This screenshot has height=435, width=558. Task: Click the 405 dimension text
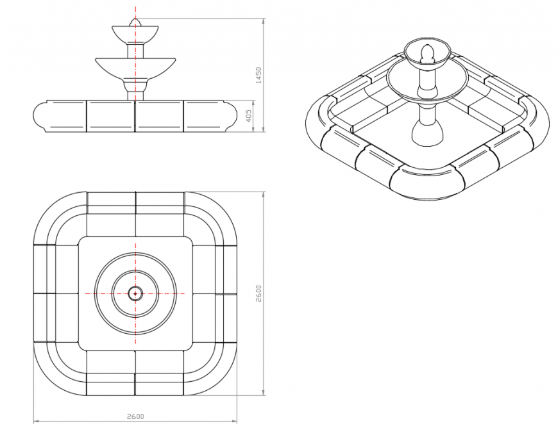tap(248, 116)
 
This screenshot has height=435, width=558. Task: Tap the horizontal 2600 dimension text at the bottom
tap(135, 416)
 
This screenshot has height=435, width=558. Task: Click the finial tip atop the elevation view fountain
tap(135, 22)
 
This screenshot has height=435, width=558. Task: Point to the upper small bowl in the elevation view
tap(135, 33)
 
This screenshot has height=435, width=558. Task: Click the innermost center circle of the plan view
tap(135, 293)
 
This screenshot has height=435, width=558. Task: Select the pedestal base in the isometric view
tap(426, 131)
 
